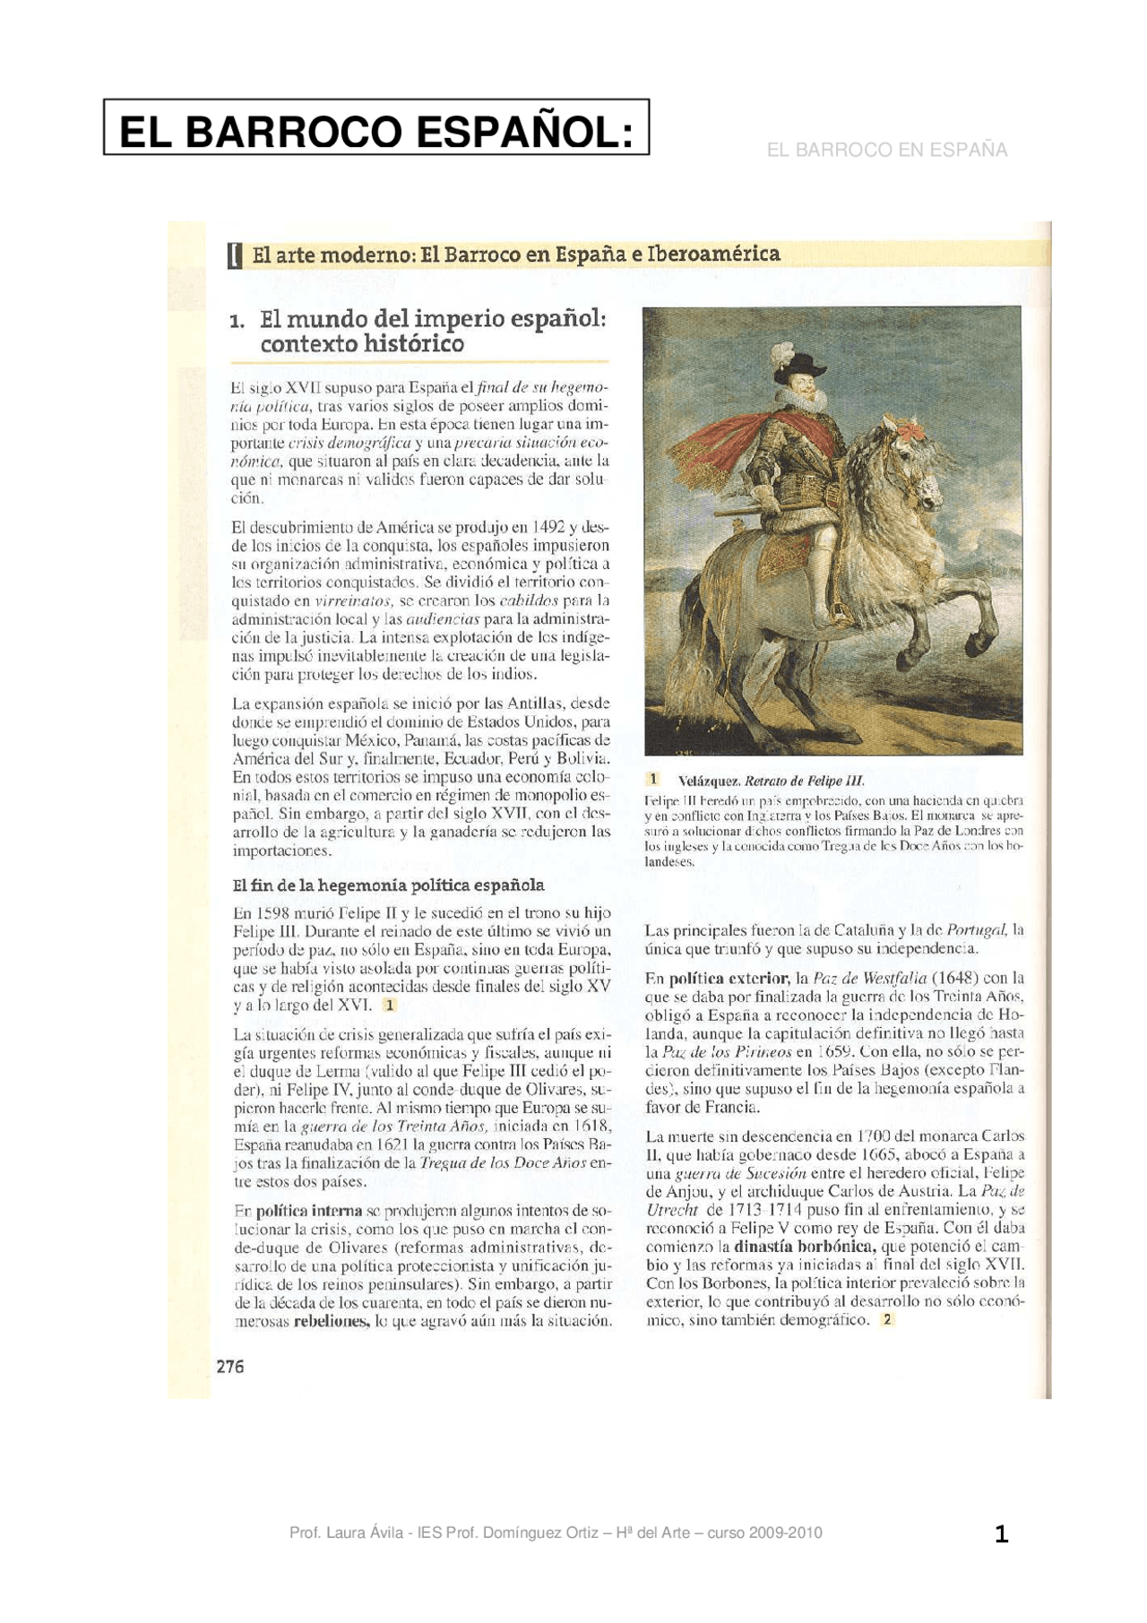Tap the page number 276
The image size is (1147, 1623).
[230, 1366]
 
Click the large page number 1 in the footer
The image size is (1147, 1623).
[1001, 1534]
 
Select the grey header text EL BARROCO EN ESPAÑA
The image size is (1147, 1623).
[886, 150]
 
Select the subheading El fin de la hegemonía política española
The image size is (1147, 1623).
[388, 885]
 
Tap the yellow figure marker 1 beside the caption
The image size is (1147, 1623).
[654, 780]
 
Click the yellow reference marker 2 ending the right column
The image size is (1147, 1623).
[887, 1319]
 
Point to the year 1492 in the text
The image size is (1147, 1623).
[548, 526]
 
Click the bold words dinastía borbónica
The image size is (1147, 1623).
[803, 1246]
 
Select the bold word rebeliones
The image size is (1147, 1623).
[331, 1321]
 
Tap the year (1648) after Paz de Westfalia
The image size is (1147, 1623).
[955, 977]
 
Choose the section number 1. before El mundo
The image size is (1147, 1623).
[237, 321]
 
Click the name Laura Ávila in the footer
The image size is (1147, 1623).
[358, 1532]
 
